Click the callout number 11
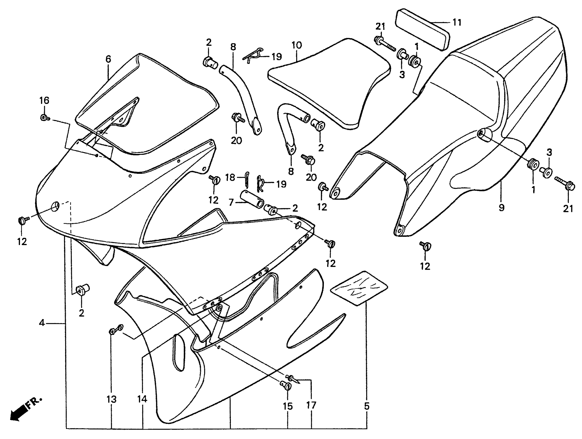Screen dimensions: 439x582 [457, 23]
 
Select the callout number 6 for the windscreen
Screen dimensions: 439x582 [108, 59]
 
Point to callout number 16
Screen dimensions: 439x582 [44, 100]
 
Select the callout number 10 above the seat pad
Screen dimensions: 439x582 [297, 45]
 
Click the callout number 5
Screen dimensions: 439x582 [367, 406]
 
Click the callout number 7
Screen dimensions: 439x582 [231, 203]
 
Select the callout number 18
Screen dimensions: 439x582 [230, 178]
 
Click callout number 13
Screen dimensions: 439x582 [111, 400]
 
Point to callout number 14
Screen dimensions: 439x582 [142, 399]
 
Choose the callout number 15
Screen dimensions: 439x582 [288, 406]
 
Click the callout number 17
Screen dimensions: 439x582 [311, 405]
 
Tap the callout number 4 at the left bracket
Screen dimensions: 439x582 [42, 323]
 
